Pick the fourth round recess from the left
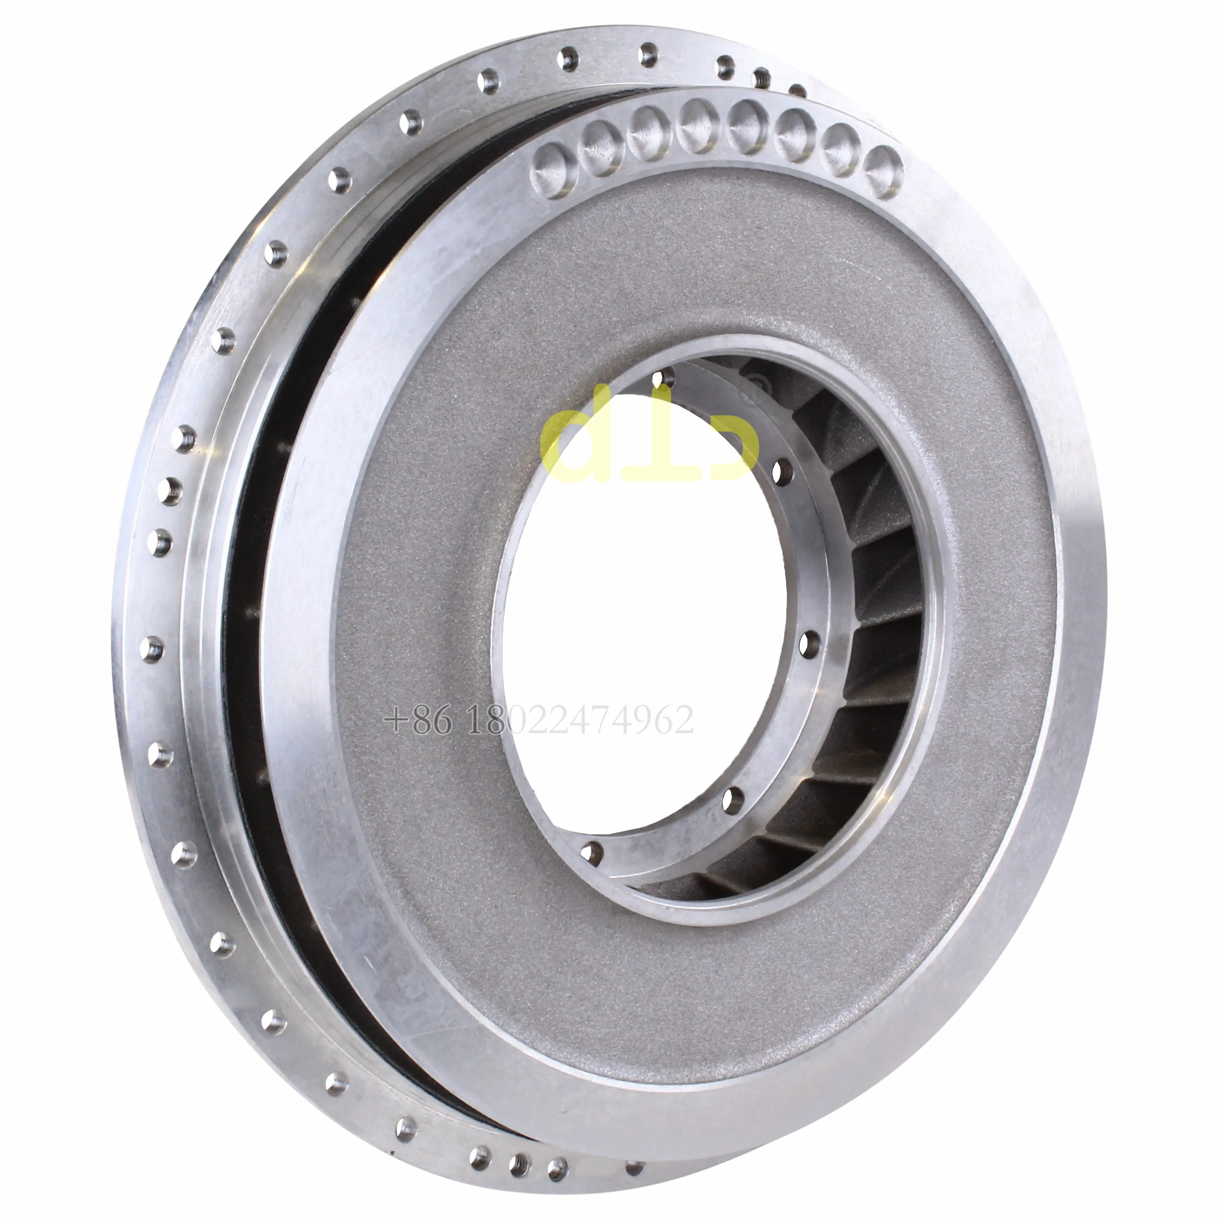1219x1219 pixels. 695,124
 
